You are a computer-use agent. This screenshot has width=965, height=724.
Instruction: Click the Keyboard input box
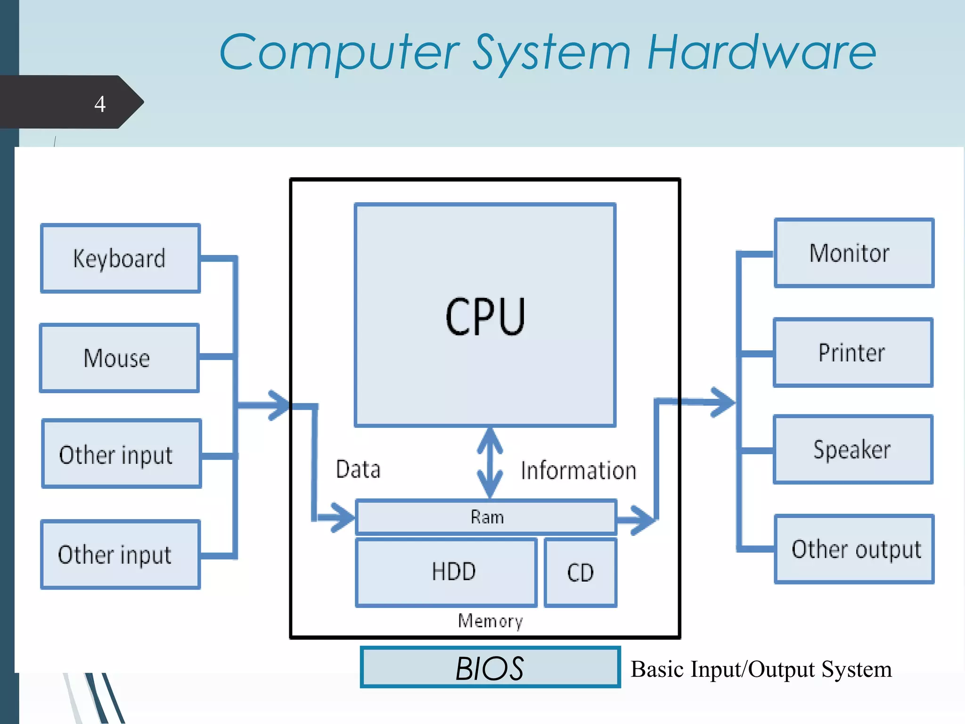[x=121, y=258]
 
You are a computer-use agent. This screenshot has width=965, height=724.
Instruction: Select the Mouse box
[x=119, y=358]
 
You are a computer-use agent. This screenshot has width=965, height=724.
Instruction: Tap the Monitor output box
[x=854, y=253]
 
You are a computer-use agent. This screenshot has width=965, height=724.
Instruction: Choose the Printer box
[x=853, y=353]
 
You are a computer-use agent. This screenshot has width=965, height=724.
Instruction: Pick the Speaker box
[x=853, y=449]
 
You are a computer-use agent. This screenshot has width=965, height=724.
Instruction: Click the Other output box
[x=854, y=549]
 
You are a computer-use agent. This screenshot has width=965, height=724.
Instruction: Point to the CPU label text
[x=485, y=317]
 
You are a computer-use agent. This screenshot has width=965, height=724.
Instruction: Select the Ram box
[x=486, y=517]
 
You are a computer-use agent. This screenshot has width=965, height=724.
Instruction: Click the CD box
[x=581, y=573]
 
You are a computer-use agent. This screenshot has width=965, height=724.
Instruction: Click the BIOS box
[x=490, y=667]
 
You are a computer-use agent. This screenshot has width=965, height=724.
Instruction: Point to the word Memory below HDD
[x=491, y=621]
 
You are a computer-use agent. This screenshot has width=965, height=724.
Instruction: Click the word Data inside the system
[x=358, y=469]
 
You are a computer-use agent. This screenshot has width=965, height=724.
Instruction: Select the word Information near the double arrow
[x=579, y=471]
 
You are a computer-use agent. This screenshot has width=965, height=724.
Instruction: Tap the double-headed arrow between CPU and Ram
[x=490, y=463]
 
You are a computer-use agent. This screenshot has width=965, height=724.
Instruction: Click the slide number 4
[x=100, y=104]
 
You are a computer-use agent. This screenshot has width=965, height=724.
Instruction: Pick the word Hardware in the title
[x=761, y=53]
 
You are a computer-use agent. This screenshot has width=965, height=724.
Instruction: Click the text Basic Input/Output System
[x=761, y=669]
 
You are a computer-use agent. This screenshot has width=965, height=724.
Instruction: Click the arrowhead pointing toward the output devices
[x=723, y=402]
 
